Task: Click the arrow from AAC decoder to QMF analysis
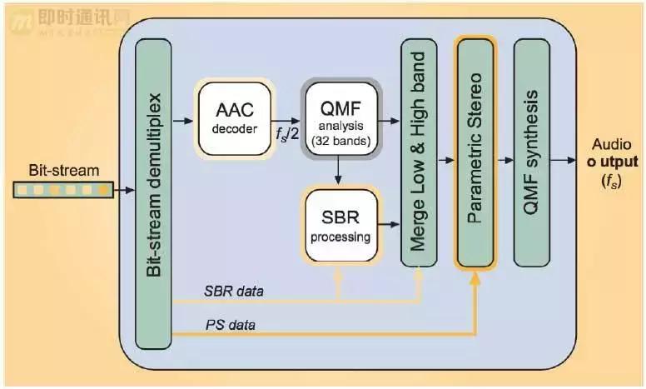(x=285, y=120)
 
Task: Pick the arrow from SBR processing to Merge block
(x=390, y=223)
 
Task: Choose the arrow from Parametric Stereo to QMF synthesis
(x=503, y=160)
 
